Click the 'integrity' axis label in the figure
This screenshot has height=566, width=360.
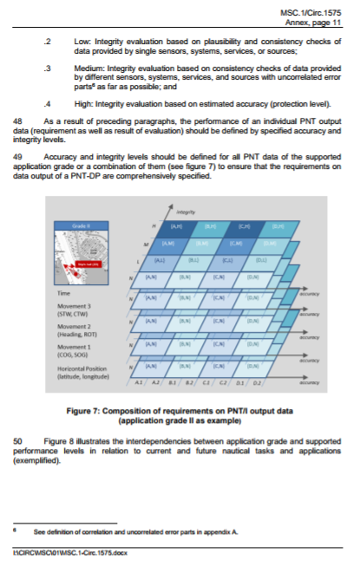point(185,211)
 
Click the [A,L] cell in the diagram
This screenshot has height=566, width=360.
point(160,259)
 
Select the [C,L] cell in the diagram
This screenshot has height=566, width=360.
point(227,259)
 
